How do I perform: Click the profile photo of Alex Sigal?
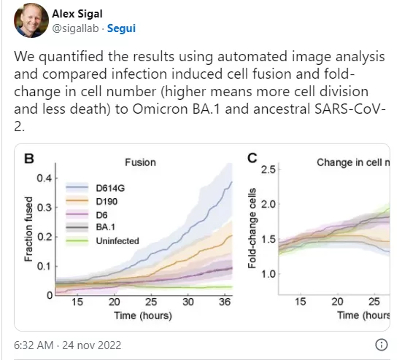pos(31,20)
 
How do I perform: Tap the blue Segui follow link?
pos(121,28)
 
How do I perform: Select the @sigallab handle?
pos(75,28)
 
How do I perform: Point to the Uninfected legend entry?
pos(102,241)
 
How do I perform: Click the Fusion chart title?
pos(140,163)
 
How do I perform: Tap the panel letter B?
pos(29,158)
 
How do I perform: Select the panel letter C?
pos(252,158)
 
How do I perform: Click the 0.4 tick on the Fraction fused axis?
pos(44,178)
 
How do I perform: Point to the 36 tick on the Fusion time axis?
pos(225,302)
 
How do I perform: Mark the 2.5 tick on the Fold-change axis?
pos(268,170)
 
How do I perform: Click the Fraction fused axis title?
pos(28,229)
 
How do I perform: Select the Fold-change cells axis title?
pos(252,228)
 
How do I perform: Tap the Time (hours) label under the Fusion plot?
pos(143,316)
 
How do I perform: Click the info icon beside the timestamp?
pos(382,345)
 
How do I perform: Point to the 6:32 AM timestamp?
pos(34,345)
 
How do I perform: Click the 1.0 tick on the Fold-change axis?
pos(268,274)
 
